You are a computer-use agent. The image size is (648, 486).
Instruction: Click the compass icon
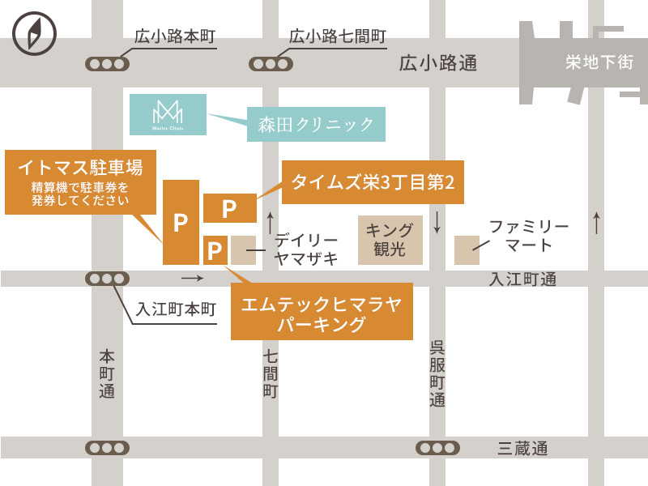(x=35, y=33)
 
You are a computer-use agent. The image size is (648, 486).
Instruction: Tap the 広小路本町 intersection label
(x=174, y=36)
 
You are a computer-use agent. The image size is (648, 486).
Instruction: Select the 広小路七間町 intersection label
(x=337, y=36)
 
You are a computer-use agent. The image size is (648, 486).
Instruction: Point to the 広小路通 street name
(x=438, y=63)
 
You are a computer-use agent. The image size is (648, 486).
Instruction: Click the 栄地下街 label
(x=599, y=62)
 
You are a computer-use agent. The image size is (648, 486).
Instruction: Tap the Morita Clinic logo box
(x=168, y=114)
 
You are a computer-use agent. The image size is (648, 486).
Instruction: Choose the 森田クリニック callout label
(x=317, y=125)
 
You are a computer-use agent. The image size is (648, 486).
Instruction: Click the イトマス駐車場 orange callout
(x=81, y=181)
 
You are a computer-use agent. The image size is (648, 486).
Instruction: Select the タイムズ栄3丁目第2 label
(x=373, y=182)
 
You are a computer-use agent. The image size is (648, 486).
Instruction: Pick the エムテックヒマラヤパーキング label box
(x=322, y=312)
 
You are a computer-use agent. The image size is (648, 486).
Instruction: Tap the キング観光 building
(x=390, y=240)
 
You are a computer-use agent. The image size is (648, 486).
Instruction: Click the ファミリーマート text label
(x=529, y=235)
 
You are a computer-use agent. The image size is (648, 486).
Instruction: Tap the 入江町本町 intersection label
(x=177, y=309)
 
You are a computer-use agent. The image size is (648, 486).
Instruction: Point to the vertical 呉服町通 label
(x=437, y=373)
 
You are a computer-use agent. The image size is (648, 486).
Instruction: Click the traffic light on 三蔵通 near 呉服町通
(x=437, y=448)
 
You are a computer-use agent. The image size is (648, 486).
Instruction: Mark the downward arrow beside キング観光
(x=437, y=221)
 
